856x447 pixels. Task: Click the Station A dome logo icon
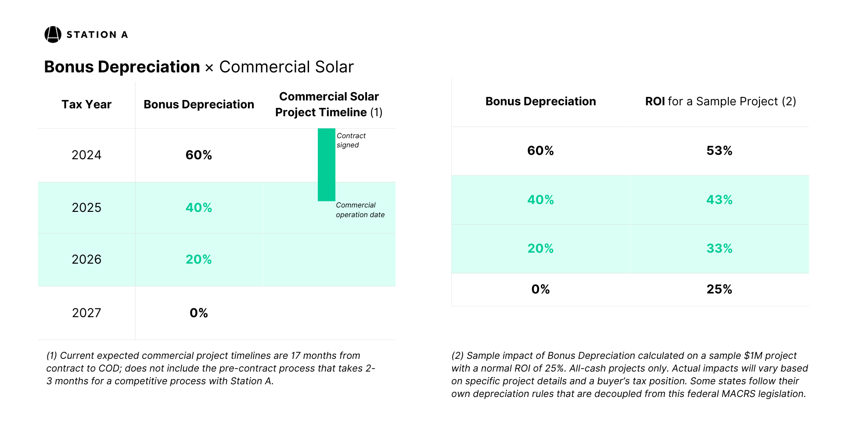53,35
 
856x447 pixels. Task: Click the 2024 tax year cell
86,155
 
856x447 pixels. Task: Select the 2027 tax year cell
86,313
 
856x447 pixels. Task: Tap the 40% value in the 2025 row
198,207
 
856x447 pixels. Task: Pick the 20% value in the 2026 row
198,259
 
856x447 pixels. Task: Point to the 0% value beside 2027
198,313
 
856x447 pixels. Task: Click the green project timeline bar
326,164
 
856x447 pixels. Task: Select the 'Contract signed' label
351,140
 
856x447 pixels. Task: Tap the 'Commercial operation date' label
360,210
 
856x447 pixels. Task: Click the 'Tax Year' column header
86,104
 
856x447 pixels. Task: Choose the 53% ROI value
719,150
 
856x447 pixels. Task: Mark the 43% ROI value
719,200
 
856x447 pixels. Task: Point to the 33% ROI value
719,248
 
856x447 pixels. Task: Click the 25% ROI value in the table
719,289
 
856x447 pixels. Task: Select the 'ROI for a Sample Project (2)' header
720,101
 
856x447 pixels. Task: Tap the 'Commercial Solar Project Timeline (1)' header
329,104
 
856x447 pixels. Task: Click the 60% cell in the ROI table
540,150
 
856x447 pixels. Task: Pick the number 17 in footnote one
295,355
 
